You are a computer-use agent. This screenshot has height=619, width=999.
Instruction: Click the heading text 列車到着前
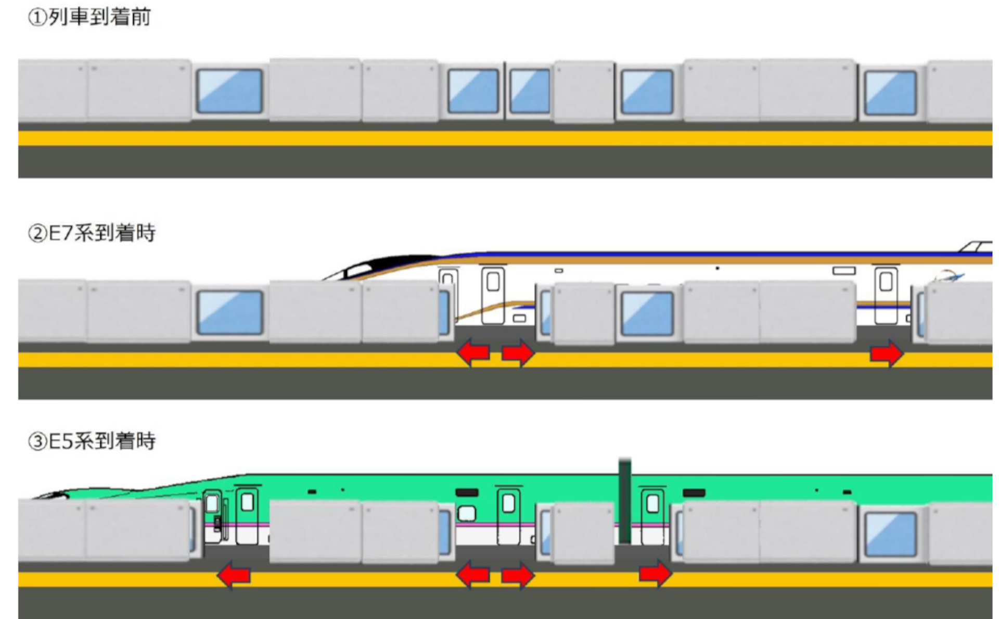[99, 17]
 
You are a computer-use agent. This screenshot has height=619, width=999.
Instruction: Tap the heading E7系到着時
[101, 233]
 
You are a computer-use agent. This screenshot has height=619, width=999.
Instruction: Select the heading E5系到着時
[101, 441]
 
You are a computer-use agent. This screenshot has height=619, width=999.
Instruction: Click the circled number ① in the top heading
[37, 18]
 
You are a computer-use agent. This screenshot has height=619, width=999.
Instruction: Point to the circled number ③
[37, 441]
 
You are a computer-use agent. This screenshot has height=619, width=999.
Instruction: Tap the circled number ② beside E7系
[37, 233]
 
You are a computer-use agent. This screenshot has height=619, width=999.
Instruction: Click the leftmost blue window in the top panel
[229, 91]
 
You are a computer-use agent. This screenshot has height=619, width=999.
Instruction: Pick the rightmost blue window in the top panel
[890, 93]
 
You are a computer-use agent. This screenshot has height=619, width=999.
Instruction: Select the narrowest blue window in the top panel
[529, 91]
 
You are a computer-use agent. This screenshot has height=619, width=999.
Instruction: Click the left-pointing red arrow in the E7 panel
[473, 353]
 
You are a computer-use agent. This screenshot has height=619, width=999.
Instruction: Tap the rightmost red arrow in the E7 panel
[886, 354]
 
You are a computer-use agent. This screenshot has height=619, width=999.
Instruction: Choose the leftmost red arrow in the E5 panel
[233, 575]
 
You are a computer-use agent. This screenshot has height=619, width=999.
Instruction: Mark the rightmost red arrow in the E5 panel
[655, 574]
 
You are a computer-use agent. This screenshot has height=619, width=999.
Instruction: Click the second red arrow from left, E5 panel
[473, 575]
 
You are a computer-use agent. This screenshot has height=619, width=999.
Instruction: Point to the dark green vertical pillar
[625, 501]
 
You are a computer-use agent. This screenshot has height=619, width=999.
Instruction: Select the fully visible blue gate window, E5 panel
[890, 534]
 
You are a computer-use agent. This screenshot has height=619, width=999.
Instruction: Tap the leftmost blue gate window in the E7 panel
[229, 312]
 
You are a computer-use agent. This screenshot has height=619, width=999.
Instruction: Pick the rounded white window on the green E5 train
[467, 513]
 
